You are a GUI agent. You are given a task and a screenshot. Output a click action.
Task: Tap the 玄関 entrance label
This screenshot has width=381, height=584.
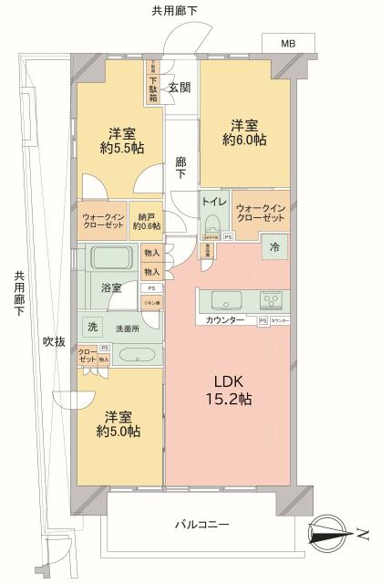pyautogui.click(x=179, y=88)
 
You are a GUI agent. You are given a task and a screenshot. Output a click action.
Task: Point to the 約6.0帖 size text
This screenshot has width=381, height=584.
pyautogui.click(x=242, y=141)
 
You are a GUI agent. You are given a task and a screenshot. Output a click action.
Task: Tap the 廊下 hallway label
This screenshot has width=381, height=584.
pyautogui.click(x=180, y=164)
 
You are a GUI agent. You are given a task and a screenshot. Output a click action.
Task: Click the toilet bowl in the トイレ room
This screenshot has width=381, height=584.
pyautogui.click(x=212, y=223)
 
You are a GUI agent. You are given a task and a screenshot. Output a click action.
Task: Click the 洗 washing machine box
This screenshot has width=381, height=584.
pyautogui.click(x=92, y=327)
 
